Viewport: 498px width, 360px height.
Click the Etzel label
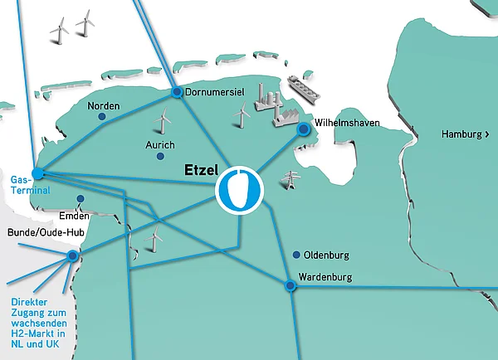(x=201, y=171)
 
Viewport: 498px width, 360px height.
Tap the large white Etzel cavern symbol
(x=239, y=190)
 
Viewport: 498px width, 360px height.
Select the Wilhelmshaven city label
(x=347, y=123)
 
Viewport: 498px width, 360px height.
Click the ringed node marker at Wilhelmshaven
(x=305, y=129)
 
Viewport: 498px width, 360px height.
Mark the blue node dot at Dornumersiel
(x=177, y=92)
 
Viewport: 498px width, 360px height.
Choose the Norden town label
(x=104, y=106)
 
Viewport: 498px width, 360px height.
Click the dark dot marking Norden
(x=102, y=118)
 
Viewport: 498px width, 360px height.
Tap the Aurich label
(x=160, y=145)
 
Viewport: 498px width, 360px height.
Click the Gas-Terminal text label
(x=25, y=184)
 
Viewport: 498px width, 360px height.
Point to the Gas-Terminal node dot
(x=37, y=173)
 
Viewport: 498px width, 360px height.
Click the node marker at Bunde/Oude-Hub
(x=73, y=255)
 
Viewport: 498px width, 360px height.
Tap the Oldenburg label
(x=327, y=255)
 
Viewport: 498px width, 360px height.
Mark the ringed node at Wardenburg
(x=290, y=285)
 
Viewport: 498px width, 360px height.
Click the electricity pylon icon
(x=291, y=179)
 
